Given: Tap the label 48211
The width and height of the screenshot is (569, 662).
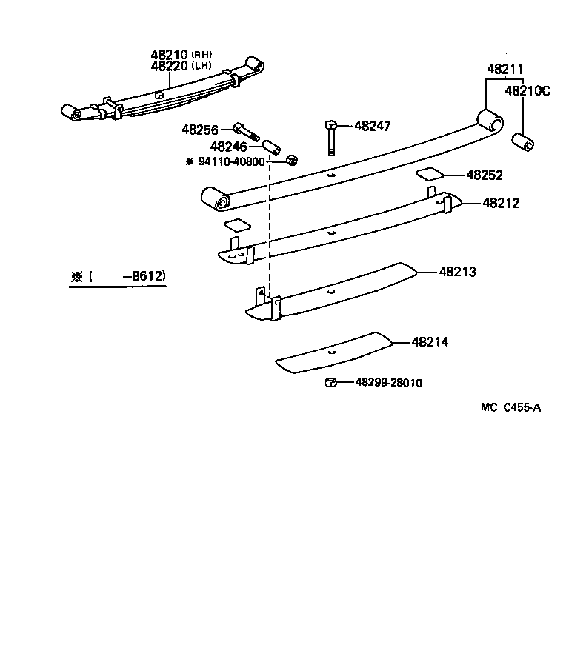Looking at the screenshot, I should [x=503, y=69].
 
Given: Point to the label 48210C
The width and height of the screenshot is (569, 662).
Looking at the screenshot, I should [x=528, y=91].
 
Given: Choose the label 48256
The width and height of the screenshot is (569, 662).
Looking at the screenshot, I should [x=200, y=130].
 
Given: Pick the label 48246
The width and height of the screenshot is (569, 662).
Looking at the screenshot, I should [x=228, y=147].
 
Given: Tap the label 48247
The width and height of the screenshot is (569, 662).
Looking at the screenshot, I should [x=372, y=126].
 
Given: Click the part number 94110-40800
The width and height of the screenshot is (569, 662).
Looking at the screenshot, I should [x=230, y=161].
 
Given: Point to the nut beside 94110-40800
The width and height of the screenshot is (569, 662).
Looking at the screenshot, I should [x=292, y=160].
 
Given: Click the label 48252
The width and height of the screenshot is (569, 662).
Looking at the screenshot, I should [x=485, y=175].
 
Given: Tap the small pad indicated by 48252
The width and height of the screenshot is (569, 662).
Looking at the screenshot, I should [x=430, y=174].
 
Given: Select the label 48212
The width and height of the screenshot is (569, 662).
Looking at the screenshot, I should [x=501, y=202].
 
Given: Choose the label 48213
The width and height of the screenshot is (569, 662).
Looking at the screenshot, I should [x=457, y=272].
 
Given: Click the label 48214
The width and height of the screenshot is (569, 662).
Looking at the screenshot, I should [x=430, y=342].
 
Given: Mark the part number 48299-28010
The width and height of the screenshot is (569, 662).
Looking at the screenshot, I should [x=388, y=383].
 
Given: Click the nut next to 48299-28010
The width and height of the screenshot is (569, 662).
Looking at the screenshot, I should [x=331, y=382].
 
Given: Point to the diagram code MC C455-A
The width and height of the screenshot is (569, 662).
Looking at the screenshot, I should [x=510, y=407].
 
